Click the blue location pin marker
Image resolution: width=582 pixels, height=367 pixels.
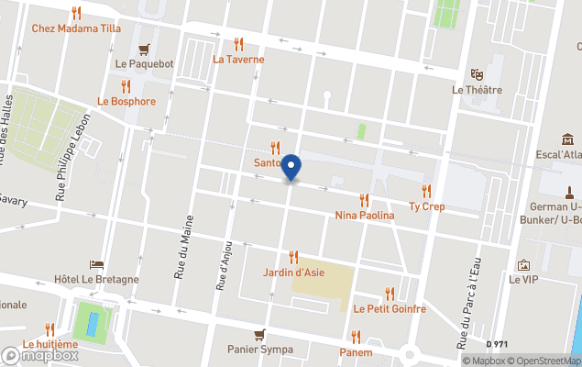pyautogui.click(x=291, y=168)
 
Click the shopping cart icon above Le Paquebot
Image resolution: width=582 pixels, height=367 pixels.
pyautogui.click(x=144, y=49)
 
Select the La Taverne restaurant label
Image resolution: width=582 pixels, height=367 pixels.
pyautogui.click(x=238, y=59)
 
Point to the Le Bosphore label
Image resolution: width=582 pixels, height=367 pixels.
pyautogui.click(x=126, y=101)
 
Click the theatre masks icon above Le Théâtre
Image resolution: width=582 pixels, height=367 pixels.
pyautogui.click(x=477, y=73)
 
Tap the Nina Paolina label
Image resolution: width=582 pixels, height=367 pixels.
pyautogui.click(x=365, y=215)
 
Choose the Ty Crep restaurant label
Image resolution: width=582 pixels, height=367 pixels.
pyautogui.click(x=427, y=206)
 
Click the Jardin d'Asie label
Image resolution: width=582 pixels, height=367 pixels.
pyautogui.click(x=293, y=272)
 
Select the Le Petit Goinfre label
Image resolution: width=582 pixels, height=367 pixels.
pyautogui.click(x=390, y=309)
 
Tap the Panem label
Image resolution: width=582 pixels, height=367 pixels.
pyautogui.click(x=356, y=352)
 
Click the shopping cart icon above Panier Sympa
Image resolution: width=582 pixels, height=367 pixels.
pyautogui.click(x=260, y=334)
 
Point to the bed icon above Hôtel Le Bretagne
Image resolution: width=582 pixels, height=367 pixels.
pyautogui.click(x=96, y=264)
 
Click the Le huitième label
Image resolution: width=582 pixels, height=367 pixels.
pyautogui.click(x=49, y=344)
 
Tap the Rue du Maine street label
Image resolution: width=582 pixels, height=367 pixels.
pyautogui.click(x=181, y=252)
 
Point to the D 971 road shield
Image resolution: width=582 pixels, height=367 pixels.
pyautogui.click(x=497, y=344)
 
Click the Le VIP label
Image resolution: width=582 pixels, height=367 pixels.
pyautogui.click(x=523, y=279)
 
